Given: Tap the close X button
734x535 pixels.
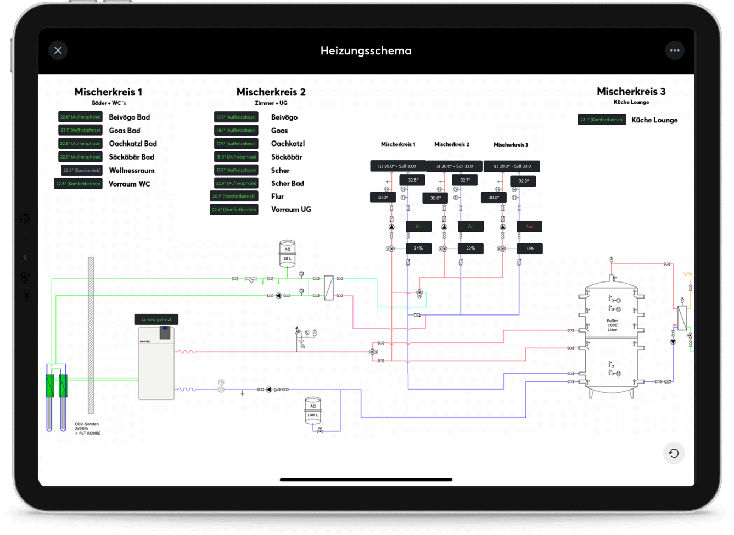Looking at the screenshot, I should coord(58,50).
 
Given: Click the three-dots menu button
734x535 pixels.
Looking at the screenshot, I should coord(675,50).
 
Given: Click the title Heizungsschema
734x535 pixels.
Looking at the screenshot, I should coord(366,50).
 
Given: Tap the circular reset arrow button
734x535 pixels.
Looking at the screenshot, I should coord(674,453).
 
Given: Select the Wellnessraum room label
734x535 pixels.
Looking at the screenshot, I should coord(132,171).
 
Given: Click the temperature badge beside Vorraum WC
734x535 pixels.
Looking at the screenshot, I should coord(79,184).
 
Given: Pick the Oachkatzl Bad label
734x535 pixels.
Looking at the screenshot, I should coord(133,144).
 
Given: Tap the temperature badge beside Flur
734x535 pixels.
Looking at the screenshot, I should coord(234,196).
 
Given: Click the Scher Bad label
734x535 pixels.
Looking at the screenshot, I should coord(287,183).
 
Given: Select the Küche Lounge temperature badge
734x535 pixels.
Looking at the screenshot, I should coord(602,120).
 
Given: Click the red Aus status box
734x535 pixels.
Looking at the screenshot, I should coord(529,226).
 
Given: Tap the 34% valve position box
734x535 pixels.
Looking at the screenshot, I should coord(418,249).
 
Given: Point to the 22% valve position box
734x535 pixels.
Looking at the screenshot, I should coord(470,249).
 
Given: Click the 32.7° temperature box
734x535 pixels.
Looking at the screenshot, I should coord(465,180).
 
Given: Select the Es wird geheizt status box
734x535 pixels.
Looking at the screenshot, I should coord(156,319).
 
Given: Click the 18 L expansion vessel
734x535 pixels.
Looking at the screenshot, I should coord(287,254).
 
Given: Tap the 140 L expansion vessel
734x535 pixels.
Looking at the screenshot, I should coord(312,411).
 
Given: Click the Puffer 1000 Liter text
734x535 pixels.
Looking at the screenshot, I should coord(612,325).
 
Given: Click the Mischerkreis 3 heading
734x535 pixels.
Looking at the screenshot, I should coord(631,92).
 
